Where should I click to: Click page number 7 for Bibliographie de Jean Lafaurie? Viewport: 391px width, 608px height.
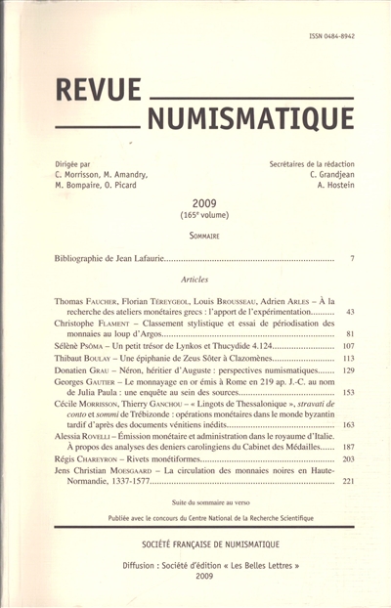[x=351, y=258]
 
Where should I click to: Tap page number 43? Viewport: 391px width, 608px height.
[x=350, y=311]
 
